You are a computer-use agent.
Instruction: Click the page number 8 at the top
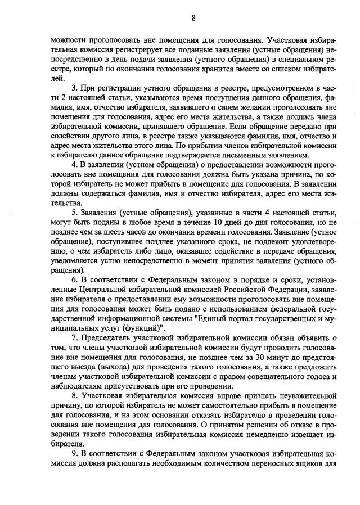(x=193, y=17)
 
